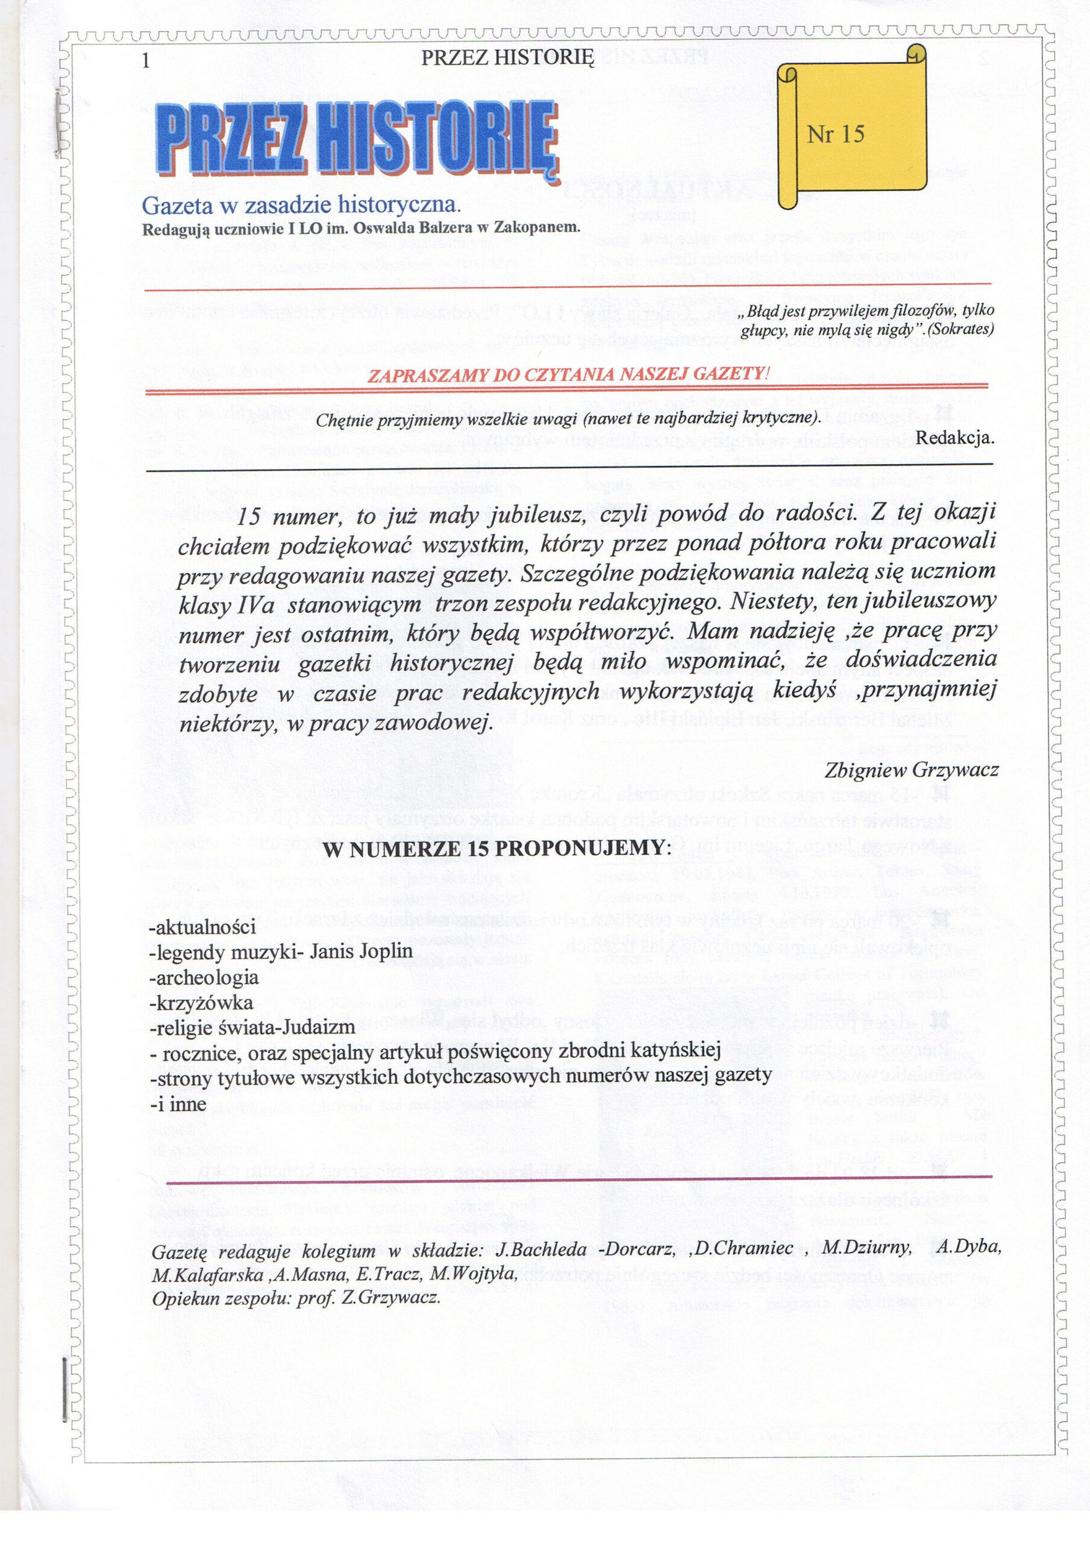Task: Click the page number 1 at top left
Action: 145,60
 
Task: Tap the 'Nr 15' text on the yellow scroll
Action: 835,134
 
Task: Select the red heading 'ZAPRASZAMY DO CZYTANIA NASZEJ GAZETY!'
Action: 566,375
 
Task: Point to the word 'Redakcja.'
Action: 954,438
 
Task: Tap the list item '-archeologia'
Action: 204,977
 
